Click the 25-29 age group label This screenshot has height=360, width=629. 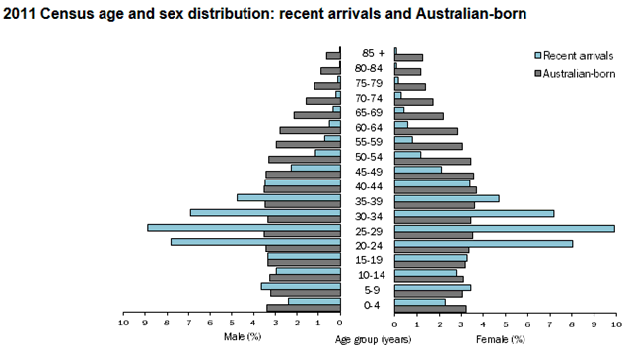point(368,232)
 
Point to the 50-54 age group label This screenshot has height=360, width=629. point(368,157)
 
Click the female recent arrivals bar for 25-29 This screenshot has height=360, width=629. point(504,228)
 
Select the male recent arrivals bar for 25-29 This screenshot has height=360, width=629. point(244,228)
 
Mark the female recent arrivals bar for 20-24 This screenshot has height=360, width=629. point(483,243)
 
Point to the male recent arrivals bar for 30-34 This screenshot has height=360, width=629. point(265,212)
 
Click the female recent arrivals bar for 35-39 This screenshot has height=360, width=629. point(447,197)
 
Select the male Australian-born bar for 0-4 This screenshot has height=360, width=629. point(303,309)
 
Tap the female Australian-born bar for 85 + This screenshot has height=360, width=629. point(408,58)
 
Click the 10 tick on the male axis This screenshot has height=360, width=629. point(124,323)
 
